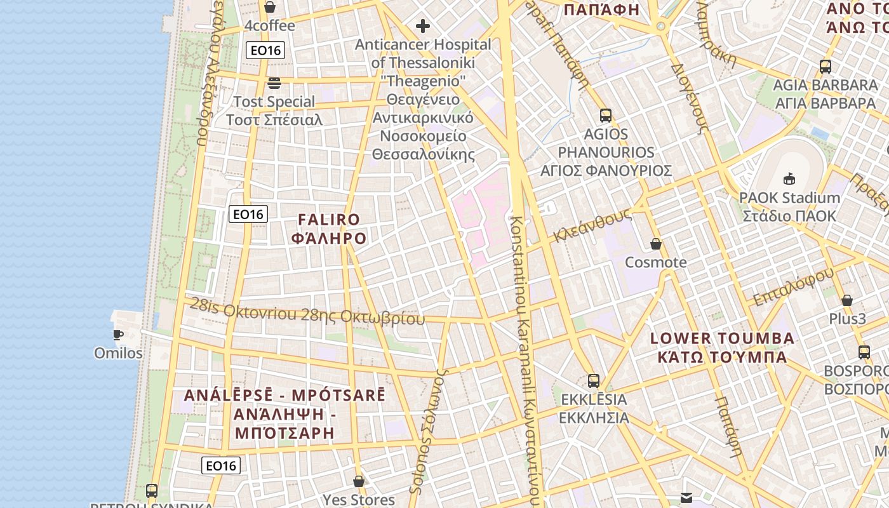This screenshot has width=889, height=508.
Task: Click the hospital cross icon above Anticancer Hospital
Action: pos(422,26)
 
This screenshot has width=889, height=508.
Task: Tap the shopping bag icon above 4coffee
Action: pos(270,7)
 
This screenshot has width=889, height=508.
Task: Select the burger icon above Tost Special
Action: pos(274,83)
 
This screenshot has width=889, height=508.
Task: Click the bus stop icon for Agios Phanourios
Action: pos(606,116)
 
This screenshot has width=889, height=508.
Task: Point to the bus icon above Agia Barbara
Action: pos(825,66)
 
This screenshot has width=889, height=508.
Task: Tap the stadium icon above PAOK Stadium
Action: pos(789,178)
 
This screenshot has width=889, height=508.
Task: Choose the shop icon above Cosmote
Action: pos(656,244)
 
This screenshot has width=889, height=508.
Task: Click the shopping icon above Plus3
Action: pos(847,300)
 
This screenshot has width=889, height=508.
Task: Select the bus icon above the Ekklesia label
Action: pos(594,381)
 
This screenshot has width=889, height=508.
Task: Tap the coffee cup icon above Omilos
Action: pos(118,335)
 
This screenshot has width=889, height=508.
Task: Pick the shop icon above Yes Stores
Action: pos(359,481)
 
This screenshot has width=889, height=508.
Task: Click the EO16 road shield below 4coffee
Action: pos(265,50)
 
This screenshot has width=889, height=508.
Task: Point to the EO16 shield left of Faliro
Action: pos(248,214)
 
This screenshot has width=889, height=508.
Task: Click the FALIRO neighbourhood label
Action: pos(329,229)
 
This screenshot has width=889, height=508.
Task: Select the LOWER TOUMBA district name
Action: pos(722,347)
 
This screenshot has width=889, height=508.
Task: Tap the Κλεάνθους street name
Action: pos(592,225)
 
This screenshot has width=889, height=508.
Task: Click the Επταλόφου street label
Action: pos(793,287)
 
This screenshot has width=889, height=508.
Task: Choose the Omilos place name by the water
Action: pos(118,353)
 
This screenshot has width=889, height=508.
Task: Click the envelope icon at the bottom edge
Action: pos(687,498)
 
